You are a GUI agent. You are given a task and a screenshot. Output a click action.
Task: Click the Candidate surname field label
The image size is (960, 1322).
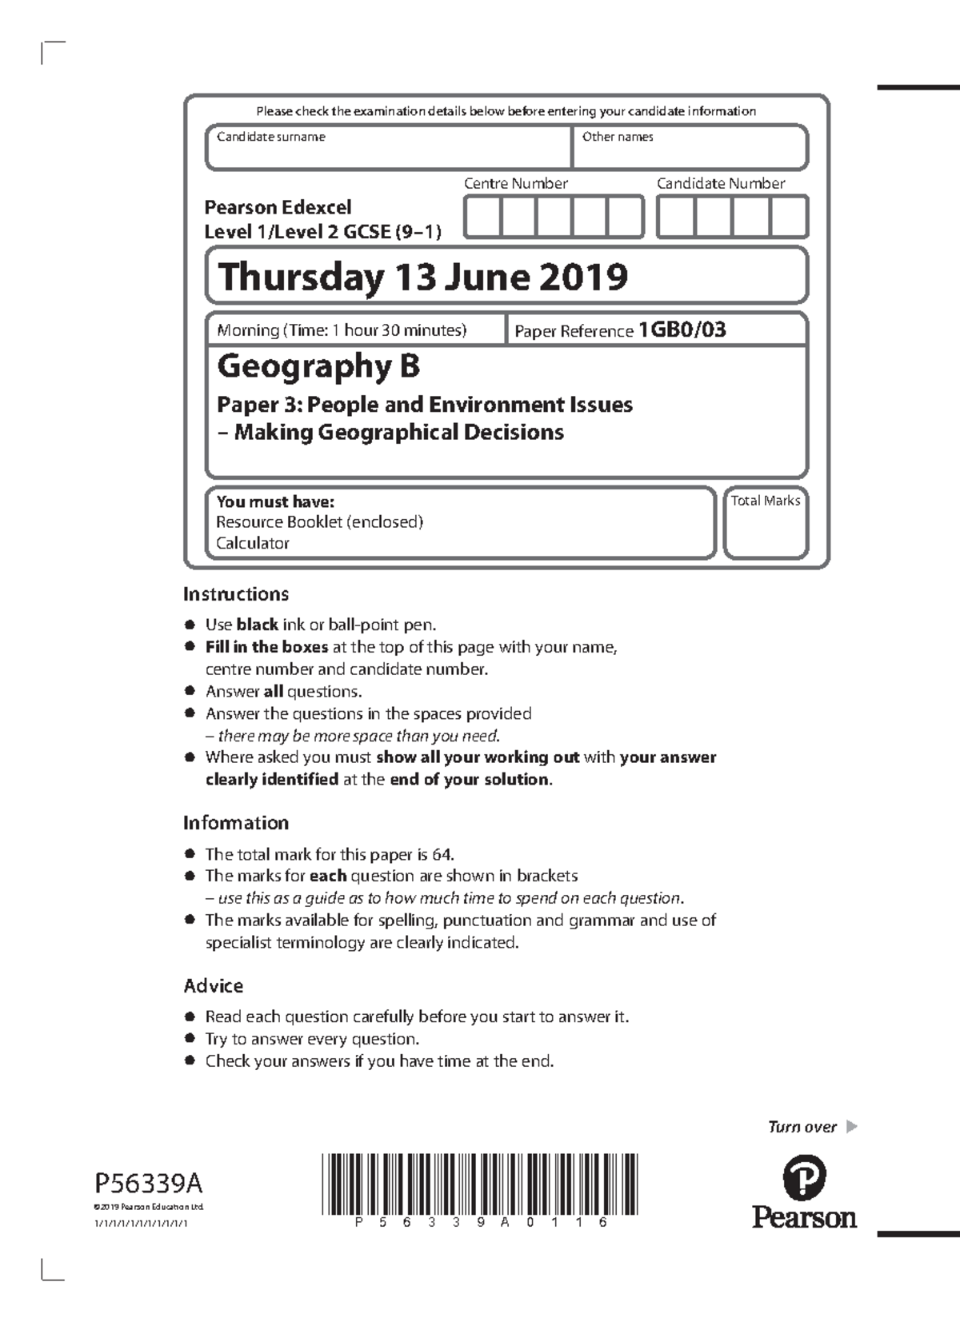[270, 137]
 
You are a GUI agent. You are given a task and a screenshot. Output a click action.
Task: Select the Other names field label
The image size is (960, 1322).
[617, 137]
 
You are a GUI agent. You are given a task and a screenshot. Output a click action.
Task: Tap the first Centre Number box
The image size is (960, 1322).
[482, 217]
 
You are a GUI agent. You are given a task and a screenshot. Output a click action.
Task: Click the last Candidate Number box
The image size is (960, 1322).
[789, 217]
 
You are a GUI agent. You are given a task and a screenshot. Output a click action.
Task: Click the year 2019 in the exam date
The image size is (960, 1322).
[582, 277]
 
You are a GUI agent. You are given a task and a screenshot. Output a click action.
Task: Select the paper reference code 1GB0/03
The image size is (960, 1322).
[682, 330]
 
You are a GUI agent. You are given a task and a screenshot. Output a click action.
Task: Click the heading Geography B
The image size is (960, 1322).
[318, 366]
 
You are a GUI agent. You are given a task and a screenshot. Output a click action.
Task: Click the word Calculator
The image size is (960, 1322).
[252, 543]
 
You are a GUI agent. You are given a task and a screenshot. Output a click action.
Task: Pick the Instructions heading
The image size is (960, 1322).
[235, 594]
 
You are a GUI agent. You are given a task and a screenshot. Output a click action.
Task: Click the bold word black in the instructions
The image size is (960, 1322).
[257, 625]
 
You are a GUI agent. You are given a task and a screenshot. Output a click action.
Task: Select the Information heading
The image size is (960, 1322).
[235, 823]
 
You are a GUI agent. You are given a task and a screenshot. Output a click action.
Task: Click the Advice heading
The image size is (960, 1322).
[213, 986]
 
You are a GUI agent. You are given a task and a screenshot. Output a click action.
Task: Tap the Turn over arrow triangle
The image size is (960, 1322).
[851, 1127]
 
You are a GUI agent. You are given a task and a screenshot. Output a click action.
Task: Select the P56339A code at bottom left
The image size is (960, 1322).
[148, 1182]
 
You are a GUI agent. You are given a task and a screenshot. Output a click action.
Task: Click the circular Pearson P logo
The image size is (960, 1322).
[803, 1178]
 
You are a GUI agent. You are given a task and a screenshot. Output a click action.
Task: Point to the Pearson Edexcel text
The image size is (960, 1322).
[278, 208]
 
